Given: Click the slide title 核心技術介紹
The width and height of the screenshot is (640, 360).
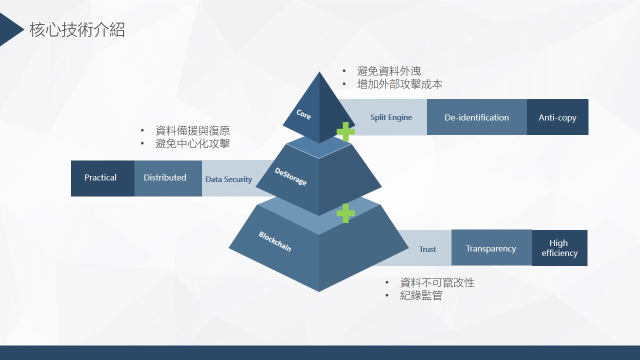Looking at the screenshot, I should point(77,30).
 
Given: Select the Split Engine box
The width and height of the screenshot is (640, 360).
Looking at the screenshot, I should point(391,117).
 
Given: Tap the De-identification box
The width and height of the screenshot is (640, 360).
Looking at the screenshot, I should point(476,117).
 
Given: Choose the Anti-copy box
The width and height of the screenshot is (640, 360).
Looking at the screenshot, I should point(557,117).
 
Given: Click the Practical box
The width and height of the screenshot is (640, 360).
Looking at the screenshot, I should point(100,178).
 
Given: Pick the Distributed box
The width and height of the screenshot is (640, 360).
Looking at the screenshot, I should point(165,178).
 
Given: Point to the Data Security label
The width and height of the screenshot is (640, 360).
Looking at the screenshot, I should point(228,179).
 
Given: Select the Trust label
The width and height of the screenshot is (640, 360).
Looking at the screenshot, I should point(427,249).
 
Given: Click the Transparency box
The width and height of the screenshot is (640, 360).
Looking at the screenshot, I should point(491,248).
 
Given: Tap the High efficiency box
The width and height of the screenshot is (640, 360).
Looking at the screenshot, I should point(559,248).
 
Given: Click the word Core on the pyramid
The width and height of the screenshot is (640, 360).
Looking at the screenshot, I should point(303,114).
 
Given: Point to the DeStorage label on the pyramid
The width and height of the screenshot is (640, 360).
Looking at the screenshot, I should point(290,176).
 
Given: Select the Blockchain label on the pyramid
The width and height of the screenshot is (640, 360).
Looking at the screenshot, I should point(274,241).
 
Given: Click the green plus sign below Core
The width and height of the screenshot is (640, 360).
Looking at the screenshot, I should point(345,131).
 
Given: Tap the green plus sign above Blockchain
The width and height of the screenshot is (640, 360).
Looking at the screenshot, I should point(345,213).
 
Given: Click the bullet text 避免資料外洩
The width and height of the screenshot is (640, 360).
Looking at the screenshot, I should point(389,71).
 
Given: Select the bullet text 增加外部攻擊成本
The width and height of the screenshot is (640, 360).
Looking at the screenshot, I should point(399,84).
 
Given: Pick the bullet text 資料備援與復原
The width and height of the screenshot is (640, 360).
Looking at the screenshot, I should point(192,131).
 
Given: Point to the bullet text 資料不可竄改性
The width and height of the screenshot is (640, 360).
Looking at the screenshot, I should point(437,283).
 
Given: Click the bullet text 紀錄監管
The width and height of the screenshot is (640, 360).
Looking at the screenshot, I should point(421,296).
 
